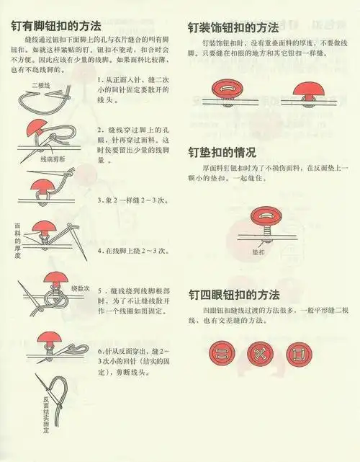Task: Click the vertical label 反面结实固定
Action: (45, 414)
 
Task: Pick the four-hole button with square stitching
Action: (296, 353)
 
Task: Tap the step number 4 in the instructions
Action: (99, 251)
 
